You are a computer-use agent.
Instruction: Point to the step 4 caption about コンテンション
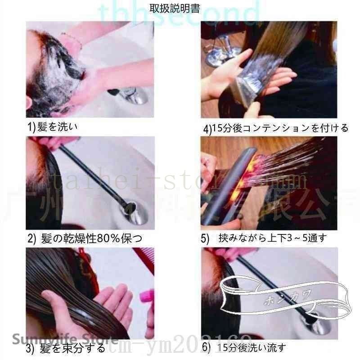276,128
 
